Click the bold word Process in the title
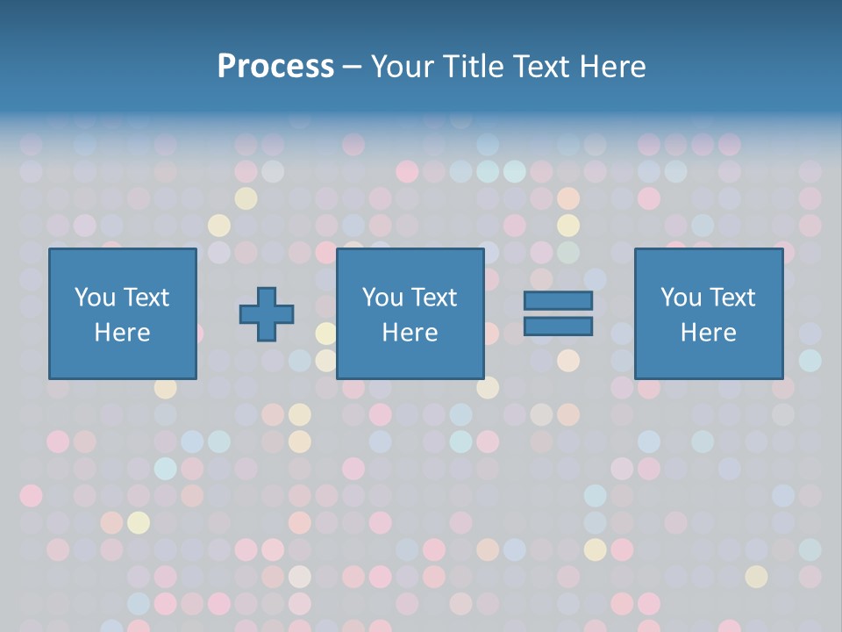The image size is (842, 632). pos(275,66)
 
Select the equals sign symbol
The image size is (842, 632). pos(558,313)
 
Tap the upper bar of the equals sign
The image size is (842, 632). pos(558,301)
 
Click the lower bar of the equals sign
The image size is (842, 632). pos(558,326)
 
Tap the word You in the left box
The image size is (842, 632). pos(95,298)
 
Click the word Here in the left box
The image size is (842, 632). pos(122,333)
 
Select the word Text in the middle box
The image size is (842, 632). pos(435,298)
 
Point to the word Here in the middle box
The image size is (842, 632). pos(410,333)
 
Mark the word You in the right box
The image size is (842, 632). pos(681,298)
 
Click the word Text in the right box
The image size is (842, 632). pos(733,298)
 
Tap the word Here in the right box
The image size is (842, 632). pos(708,333)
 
